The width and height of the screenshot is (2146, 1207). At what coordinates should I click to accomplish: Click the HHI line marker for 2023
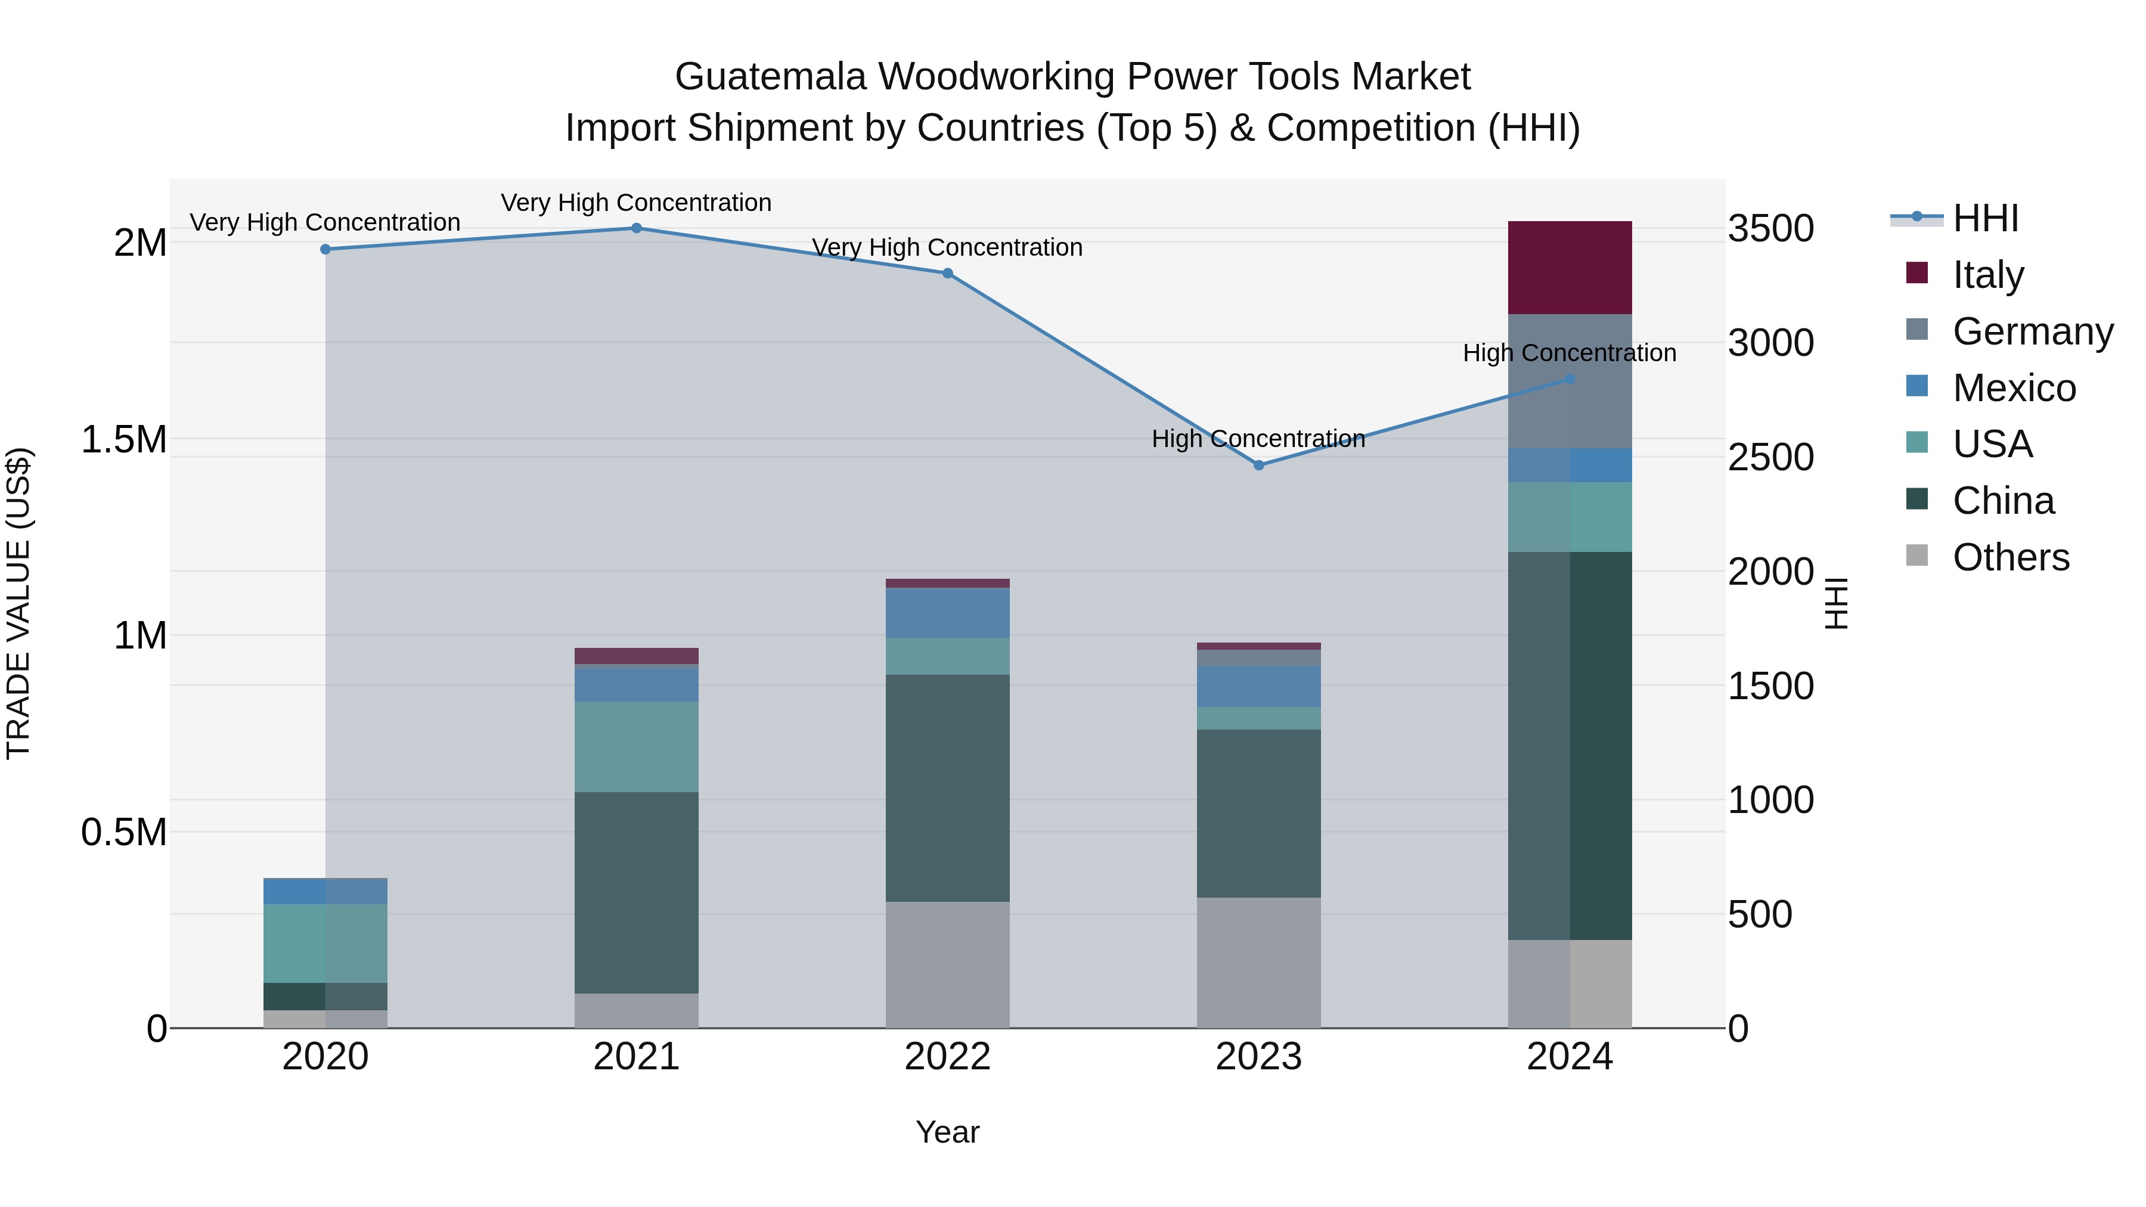1259,465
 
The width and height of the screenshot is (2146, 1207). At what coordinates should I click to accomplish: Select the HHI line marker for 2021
637,228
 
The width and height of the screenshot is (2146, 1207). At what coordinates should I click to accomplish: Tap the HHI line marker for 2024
1570,379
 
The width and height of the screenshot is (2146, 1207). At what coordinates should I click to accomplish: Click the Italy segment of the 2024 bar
1570,268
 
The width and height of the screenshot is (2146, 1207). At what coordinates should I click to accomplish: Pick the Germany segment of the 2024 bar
1570,381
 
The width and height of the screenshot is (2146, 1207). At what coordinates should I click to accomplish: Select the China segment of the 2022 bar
947,787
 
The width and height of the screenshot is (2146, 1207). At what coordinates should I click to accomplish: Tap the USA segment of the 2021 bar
637,746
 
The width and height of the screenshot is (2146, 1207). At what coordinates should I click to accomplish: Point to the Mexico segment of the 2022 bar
947,613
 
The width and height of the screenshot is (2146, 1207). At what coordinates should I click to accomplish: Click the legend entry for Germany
2033,331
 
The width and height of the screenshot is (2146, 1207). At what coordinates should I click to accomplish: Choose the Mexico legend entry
2014,388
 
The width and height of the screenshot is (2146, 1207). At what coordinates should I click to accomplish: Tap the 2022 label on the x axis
947,1057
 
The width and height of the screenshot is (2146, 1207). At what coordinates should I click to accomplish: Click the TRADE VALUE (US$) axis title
18,603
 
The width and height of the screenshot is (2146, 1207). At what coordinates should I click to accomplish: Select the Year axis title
947,1132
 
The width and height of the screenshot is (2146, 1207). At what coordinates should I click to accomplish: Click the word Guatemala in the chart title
771,77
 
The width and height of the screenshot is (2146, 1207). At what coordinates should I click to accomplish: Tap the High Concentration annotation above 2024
1570,353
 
